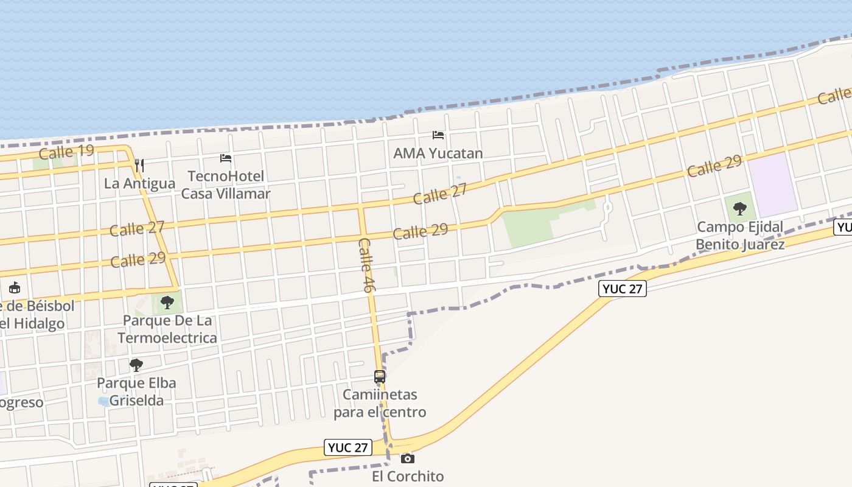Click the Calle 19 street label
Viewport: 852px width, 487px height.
(66, 151)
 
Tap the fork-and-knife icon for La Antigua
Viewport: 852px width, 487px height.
(139, 165)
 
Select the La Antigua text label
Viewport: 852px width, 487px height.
(139, 183)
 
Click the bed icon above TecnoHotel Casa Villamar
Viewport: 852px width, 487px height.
(226, 158)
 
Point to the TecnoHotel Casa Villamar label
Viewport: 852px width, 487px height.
(226, 185)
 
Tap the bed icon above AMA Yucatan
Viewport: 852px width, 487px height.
(438, 135)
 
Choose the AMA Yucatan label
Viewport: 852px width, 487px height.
(438, 153)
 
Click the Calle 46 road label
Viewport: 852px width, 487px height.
(365, 265)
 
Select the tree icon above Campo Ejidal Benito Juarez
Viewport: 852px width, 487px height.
(739, 209)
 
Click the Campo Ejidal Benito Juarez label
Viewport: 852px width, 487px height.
(740, 236)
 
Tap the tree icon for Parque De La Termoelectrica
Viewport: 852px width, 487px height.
(167, 302)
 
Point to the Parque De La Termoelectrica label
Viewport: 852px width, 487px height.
(167, 329)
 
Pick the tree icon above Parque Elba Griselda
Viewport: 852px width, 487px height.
(136, 365)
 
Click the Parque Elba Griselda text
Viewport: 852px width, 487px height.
(137, 391)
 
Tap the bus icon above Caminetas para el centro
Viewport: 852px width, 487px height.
(380, 377)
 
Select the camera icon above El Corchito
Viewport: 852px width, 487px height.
(408, 458)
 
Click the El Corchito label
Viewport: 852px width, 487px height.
(408, 476)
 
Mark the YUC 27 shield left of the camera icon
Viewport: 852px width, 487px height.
(347, 447)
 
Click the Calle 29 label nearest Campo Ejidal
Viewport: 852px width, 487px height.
(714, 166)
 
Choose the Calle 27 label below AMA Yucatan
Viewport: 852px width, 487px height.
(440, 194)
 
